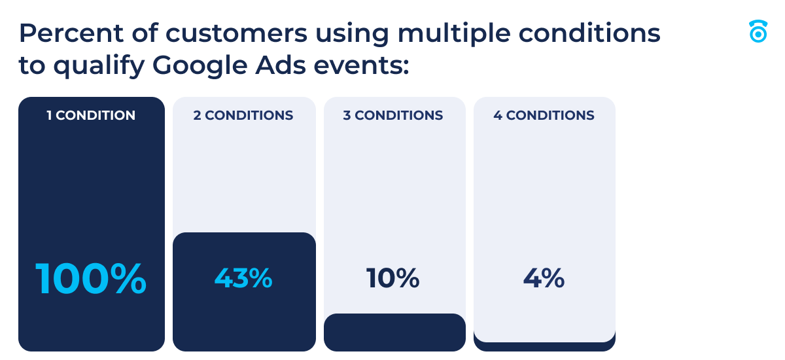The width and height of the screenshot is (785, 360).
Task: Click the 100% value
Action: point(91,279)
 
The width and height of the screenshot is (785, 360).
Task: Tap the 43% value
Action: point(243,279)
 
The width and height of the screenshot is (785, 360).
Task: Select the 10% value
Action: point(393,279)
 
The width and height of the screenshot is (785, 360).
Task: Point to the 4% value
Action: point(544,279)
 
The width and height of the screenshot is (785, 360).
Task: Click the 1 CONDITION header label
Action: point(91,116)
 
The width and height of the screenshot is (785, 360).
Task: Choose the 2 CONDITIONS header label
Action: point(243,116)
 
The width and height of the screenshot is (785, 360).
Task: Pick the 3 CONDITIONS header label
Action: point(393,116)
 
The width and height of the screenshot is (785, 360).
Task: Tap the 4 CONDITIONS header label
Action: point(544,116)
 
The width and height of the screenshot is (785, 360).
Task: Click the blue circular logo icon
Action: point(758,32)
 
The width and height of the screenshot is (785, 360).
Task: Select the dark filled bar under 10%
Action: point(394,333)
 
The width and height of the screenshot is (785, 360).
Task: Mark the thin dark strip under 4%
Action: point(544,346)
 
